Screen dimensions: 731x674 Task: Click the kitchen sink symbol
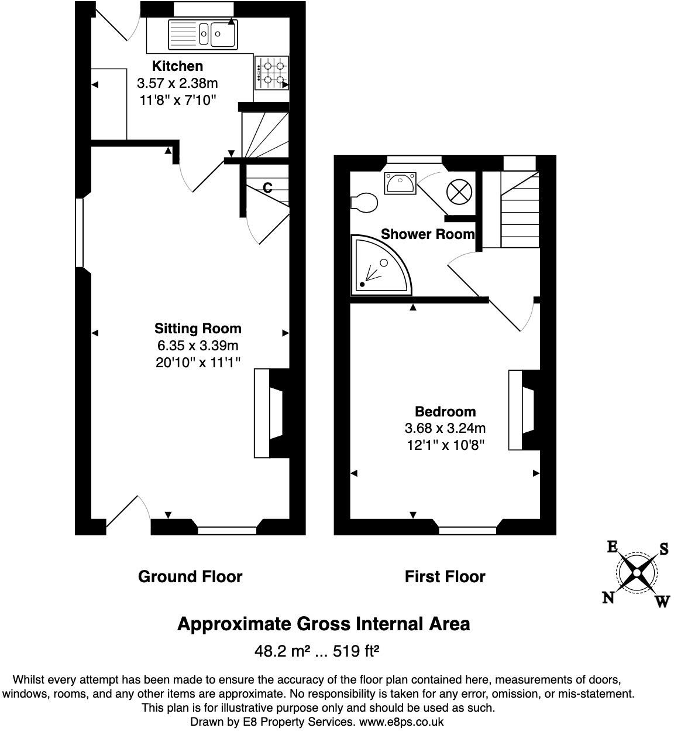pyautogui.click(x=202, y=33)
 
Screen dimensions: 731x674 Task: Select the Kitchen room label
pyautogui.click(x=177, y=66)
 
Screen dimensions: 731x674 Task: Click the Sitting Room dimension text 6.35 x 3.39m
pyautogui.click(x=197, y=346)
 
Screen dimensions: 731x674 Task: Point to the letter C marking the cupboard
pyautogui.click(x=267, y=187)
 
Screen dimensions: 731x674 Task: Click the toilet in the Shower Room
pyautogui.click(x=364, y=202)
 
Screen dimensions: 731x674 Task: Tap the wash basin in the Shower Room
pyautogui.click(x=400, y=183)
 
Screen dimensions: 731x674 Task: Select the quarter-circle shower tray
pyautogui.click(x=377, y=267)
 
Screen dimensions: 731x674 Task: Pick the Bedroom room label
pyautogui.click(x=445, y=411)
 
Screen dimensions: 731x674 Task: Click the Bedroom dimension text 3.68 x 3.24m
pyautogui.click(x=445, y=428)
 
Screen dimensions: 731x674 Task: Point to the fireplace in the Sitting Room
pyautogui.click(x=269, y=413)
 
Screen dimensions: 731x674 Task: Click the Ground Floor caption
pyautogui.click(x=190, y=576)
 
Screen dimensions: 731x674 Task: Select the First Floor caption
pyautogui.click(x=445, y=576)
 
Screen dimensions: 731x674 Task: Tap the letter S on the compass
pyautogui.click(x=663, y=549)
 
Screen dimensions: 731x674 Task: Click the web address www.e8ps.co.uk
pyautogui.click(x=401, y=722)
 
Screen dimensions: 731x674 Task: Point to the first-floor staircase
pyautogui.click(x=519, y=211)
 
